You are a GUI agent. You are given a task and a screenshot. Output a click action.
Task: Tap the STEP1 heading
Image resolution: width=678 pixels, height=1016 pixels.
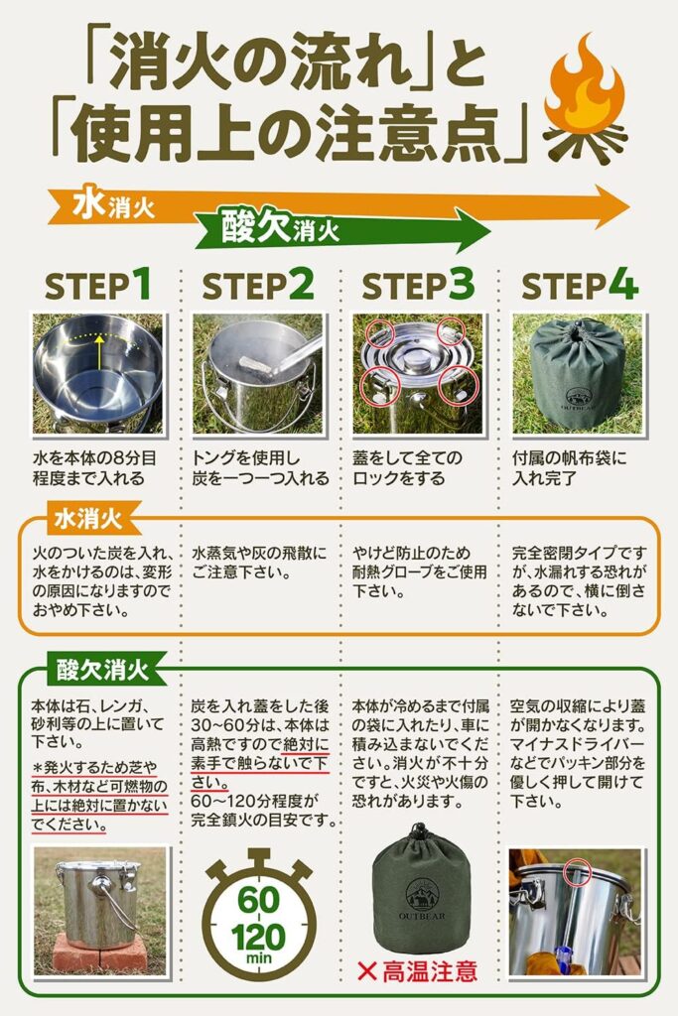coord(98,285)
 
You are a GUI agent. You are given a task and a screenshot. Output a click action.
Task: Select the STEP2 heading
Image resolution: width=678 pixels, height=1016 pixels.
coord(258,285)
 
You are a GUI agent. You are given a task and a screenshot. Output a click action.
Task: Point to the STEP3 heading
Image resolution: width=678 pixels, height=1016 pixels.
coord(418,285)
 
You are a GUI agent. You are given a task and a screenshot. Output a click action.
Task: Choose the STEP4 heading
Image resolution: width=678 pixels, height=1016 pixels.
coord(579,285)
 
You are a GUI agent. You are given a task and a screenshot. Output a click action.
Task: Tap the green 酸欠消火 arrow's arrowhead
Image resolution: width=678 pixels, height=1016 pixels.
coord(474,230)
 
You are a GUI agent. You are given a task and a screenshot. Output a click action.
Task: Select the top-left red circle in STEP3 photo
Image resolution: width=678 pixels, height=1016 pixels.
coord(381,333)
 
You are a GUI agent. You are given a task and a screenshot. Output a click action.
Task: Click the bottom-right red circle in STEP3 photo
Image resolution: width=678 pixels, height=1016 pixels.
coord(458,387)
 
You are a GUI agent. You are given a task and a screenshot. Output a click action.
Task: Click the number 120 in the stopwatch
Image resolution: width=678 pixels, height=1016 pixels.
coord(258,938)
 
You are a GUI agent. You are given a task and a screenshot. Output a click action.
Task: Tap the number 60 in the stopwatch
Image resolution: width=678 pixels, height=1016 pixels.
coord(259,900)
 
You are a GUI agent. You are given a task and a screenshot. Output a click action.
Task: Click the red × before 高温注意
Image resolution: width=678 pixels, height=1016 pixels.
coord(367,970)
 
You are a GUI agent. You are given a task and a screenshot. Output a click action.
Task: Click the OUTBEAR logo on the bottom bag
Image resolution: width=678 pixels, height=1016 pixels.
coord(422,900)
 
